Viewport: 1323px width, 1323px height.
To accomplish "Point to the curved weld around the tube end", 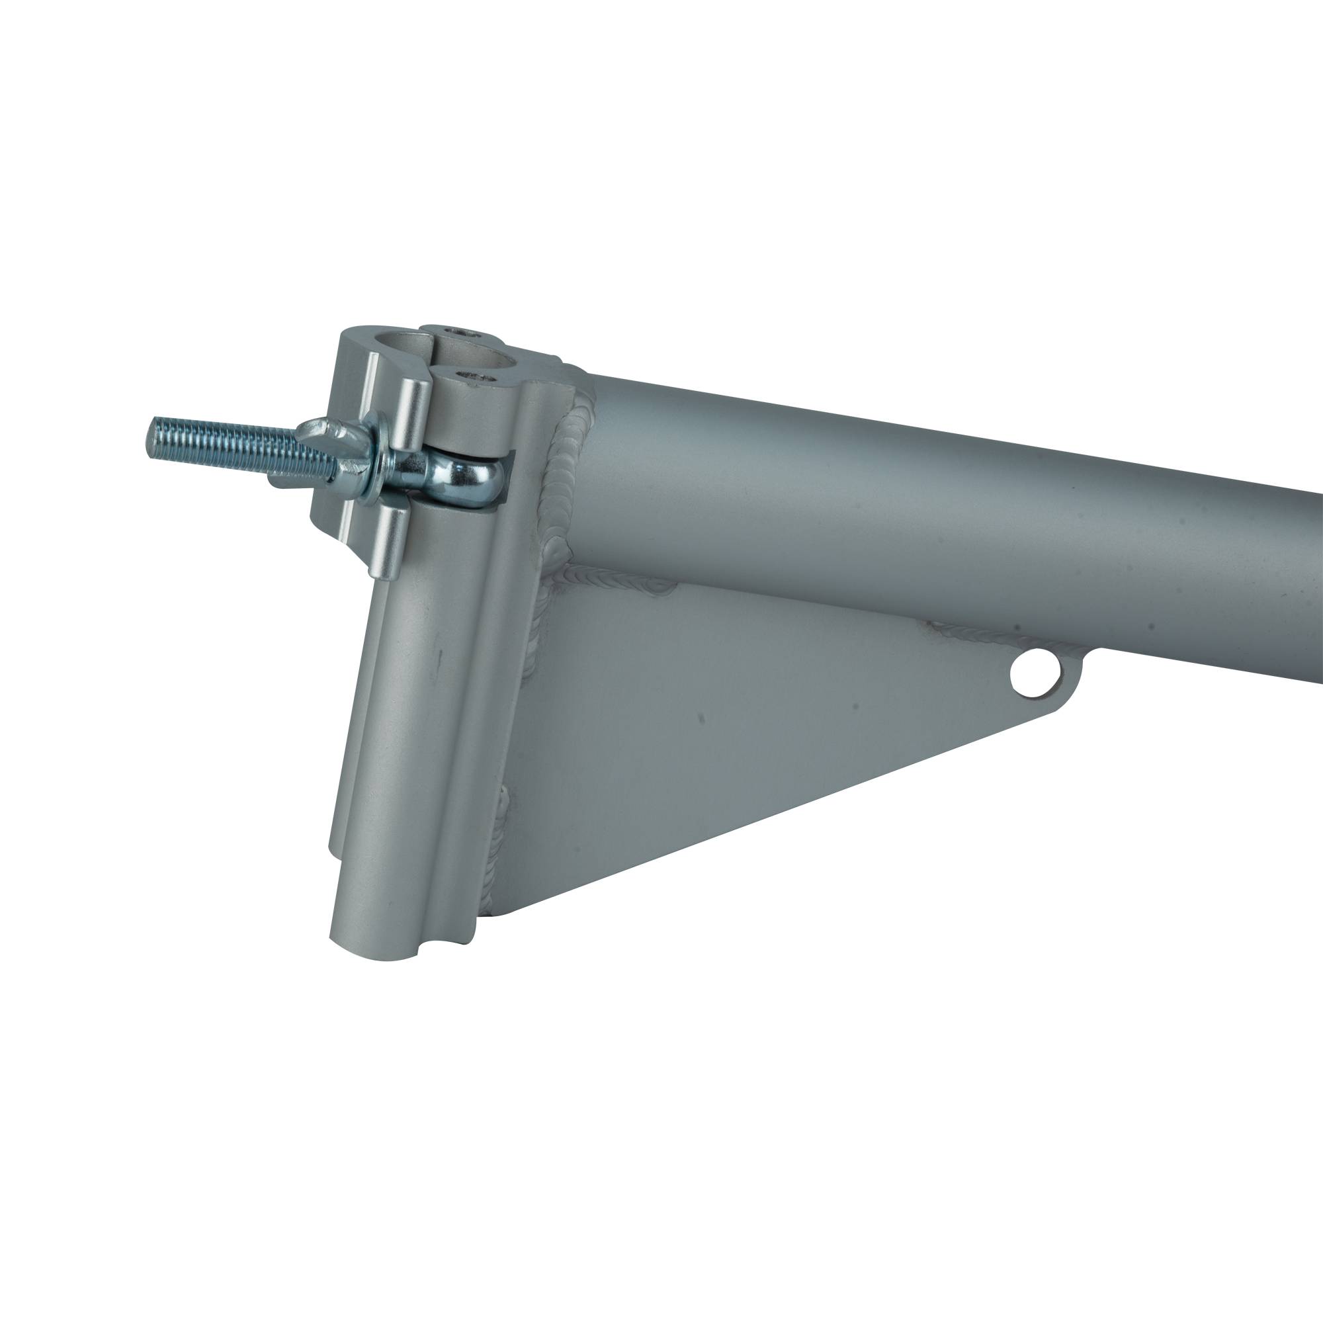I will pos(566,472).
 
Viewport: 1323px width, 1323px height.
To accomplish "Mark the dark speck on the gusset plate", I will pos(700,718).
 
